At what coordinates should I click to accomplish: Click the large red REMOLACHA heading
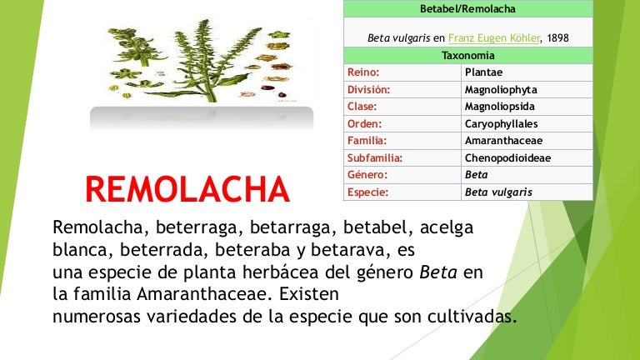point(187,190)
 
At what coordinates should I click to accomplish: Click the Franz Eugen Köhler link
point(493,38)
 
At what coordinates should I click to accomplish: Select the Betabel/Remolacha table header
point(467,8)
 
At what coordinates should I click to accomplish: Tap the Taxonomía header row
point(467,56)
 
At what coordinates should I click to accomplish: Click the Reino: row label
point(363,72)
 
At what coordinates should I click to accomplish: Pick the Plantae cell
point(483,72)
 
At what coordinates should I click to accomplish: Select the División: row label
point(368,89)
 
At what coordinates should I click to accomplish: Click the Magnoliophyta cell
point(500,89)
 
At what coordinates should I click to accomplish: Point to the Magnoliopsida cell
point(500,107)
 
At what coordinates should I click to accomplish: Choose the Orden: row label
point(365,123)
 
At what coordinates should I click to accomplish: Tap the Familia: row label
point(367,141)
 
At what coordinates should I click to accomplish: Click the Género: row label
point(366,175)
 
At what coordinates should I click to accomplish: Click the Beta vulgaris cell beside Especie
point(498,192)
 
